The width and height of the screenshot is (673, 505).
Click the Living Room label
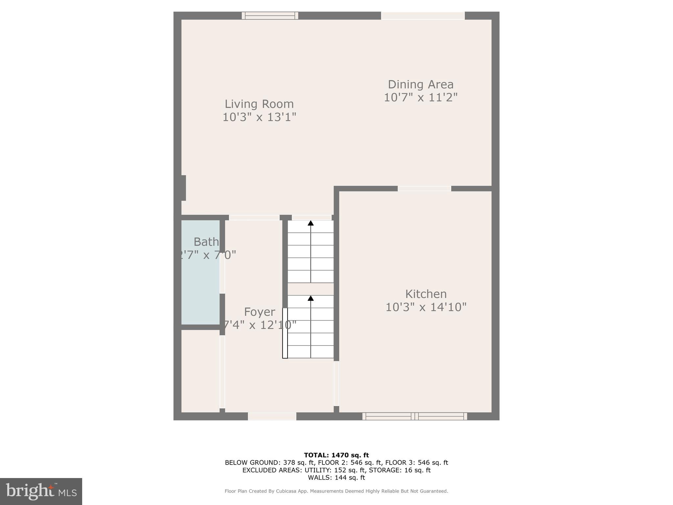(259, 104)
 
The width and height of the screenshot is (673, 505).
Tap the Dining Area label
(421, 84)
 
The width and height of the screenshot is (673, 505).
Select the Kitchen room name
(426, 294)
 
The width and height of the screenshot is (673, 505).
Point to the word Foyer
(259, 312)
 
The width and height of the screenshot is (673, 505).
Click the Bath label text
(206, 242)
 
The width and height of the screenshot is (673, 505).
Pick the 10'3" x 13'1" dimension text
(259, 117)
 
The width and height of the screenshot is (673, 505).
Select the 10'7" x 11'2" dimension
(421, 97)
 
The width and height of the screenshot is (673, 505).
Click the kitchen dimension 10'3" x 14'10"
(426, 307)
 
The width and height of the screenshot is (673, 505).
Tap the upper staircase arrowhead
(311, 223)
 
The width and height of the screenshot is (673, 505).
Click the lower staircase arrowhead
(311, 298)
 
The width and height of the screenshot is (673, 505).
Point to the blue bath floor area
(200, 289)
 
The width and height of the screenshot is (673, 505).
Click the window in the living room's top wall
(270, 15)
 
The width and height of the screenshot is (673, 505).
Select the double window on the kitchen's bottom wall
(415, 416)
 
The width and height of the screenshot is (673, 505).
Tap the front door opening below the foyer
(272, 416)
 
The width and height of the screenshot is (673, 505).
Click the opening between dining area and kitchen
(424, 188)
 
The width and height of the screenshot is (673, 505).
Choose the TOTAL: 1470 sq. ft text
(336, 455)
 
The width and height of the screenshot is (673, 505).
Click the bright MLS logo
(41, 491)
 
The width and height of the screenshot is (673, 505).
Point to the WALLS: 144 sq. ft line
(336, 477)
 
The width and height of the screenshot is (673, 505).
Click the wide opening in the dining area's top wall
(423, 15)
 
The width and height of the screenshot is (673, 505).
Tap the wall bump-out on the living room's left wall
(184, 188)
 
